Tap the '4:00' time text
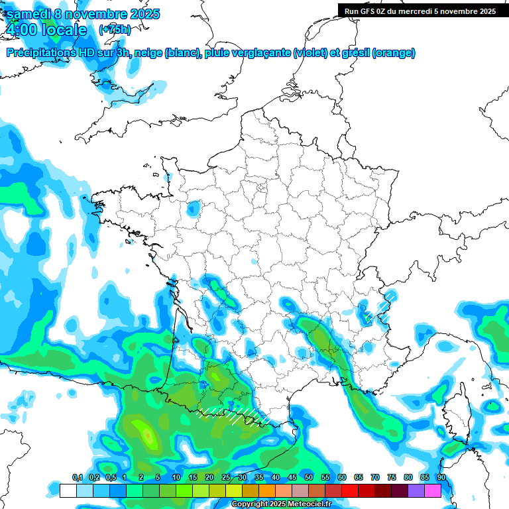(21, 30)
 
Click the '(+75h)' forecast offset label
(115, 30)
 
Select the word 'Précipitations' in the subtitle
(40, 53)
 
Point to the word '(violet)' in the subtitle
(311, 53)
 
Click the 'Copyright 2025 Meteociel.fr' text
(281, 504)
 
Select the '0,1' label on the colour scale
(77, 477)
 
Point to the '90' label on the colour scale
(441, 477)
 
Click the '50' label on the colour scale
(309, 477)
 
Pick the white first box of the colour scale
(68, 490)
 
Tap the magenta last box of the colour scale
(432, 490)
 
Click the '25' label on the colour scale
(226, 477)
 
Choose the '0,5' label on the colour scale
(110, 477)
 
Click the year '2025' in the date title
(141, 14)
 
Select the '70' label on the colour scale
(375, 477)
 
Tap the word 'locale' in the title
(64, 30)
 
